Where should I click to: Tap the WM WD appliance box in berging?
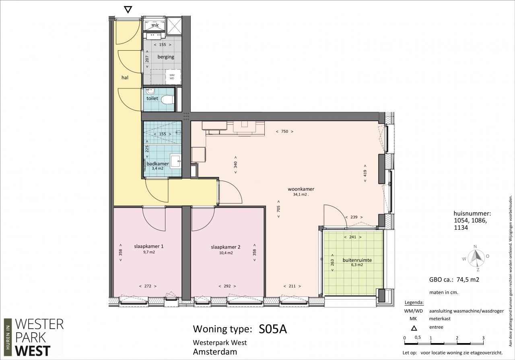tap(173, 77)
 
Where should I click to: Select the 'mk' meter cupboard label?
tap(155, 25)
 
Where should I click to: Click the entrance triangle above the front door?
tap(128, 10)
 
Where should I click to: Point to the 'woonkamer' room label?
tap(301, 189)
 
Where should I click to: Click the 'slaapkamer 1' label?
tap(149, 246)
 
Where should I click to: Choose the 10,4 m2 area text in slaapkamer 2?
tap(226, 253)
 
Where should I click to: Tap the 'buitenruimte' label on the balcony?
tap(357, 260)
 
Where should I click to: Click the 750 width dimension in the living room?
tap(284, 132)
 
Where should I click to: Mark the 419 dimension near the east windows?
tap(365, 173)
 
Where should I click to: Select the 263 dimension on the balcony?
tap(332, 263)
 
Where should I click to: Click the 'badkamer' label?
tap(157, 164)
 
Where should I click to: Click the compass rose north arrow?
tap(476, 256)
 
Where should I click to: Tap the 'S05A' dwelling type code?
tap(273, 329)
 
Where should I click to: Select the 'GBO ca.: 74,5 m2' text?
tap(454, 280)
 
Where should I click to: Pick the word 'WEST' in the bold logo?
tap(33, 351)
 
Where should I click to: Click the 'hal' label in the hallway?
tap(125, 78)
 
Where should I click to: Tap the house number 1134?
tap(461, 228)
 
